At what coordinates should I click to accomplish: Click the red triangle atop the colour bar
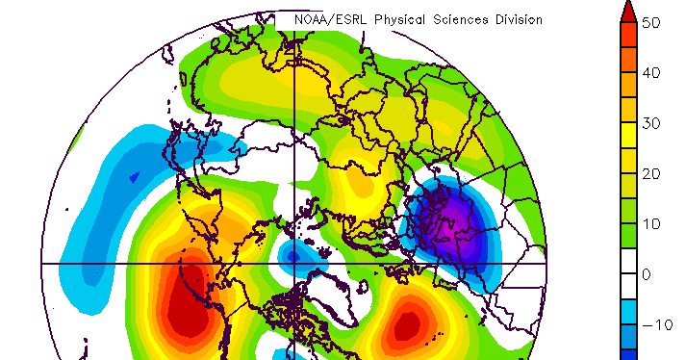coord(626,12)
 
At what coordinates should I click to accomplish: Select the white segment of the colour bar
coord(626,274)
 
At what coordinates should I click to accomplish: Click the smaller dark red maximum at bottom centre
coord(407,324)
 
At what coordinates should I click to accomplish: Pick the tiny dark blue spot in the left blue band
coord(134,177)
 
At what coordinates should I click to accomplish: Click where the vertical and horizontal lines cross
coord(294,263)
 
